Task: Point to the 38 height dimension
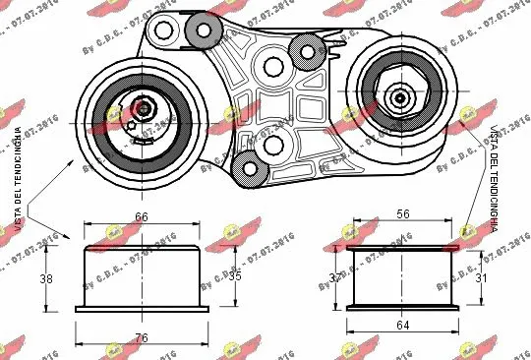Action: (x=45, y=279)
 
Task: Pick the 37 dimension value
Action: (x=334, y=279)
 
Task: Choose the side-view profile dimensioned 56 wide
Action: (x=403, y=278)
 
